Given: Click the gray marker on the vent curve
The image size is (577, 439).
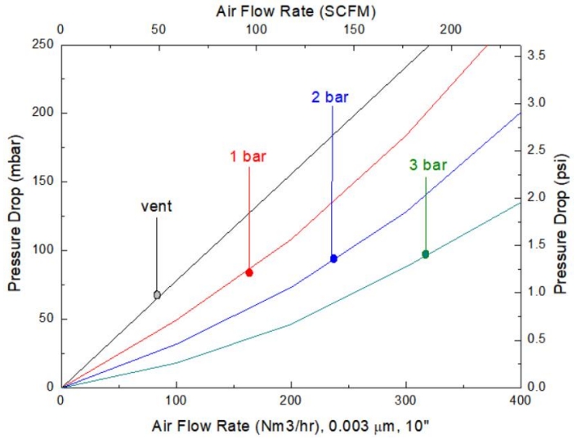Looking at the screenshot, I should coord(157,295).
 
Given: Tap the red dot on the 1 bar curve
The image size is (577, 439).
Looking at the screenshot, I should coord(249,272).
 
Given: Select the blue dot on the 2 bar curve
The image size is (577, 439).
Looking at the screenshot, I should coord(333,258).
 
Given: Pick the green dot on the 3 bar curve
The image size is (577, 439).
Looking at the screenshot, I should coord(425,254).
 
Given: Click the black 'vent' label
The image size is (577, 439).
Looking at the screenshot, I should coord(157,206).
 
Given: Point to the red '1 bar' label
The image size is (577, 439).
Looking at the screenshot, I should coord(248,156).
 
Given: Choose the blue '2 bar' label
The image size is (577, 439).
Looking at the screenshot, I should coord(330,97).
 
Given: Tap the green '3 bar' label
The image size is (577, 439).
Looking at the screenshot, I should coord(428,165).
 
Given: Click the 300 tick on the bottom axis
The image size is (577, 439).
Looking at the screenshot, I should coord(406,400).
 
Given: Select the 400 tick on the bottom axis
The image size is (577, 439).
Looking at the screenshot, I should coord(520,400).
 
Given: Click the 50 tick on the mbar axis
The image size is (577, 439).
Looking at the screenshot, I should coord(47,319).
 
